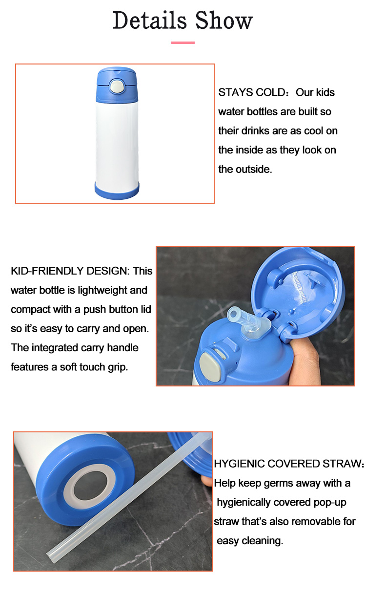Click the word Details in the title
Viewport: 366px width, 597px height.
pos(150,21)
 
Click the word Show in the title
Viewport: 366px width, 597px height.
pos(224,21)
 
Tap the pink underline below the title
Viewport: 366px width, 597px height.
pos(183,43)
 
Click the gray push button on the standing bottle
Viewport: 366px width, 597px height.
pos(117,86)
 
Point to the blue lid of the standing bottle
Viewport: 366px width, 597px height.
pos(117,85)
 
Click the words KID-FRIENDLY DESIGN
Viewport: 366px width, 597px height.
pos(70,271)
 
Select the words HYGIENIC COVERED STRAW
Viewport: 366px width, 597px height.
pos(287,464)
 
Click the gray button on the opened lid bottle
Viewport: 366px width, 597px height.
pos(210,366)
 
